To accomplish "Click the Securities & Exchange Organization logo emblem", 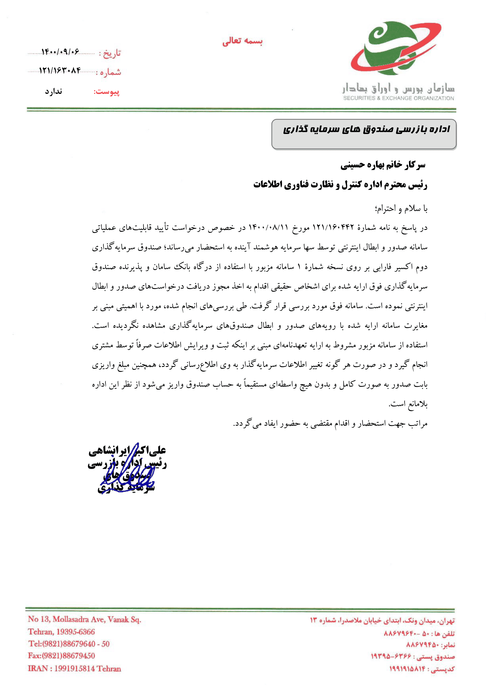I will (x=395, y=48).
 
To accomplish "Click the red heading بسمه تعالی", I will (x=242, y=41).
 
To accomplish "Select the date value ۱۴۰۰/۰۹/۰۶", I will (x=60, y=52).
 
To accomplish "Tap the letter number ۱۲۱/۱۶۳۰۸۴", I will (x=60, y=70).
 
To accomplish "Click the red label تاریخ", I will (x=112, y=53).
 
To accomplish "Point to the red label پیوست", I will (x=107, y=92).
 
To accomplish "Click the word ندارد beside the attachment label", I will (x=53, y=91).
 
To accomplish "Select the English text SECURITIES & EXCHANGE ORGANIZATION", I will (x=398, y=98).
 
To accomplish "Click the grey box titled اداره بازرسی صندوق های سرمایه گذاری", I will (x=363, y=134).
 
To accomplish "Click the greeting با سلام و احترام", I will (x=401, y=209).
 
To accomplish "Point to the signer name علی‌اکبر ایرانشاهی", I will (x=127, y=451).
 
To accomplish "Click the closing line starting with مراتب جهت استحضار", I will (x=330, y=424).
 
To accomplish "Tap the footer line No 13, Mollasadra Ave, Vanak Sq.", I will (x=84, y=619).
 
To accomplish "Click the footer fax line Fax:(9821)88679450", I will (x=61, y=656).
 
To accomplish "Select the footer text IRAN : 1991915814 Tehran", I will (x=75, y=668).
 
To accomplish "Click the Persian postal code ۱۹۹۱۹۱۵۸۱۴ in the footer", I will (x=409, y=669).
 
